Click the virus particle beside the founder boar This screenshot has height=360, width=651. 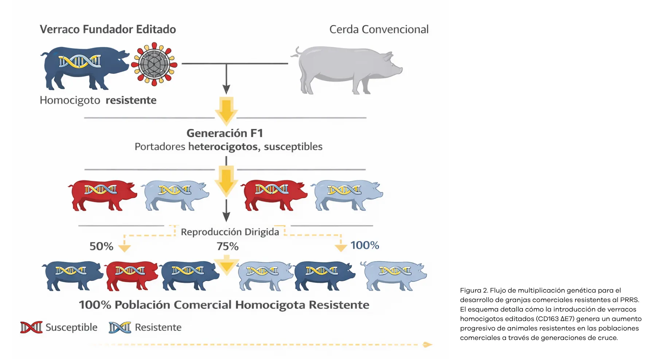click(154, 64)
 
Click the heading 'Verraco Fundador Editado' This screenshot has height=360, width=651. click(108, 29)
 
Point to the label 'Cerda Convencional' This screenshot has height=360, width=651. click(379, 29)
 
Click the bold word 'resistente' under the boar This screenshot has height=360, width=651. click(131, 100)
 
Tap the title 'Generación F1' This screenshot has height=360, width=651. click(225, 133)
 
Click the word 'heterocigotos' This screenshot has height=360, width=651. click(223, 146)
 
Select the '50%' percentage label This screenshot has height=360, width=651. click(101, 246)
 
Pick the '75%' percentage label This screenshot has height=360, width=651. click(228, 246)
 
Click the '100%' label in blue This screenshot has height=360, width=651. click(365, 245)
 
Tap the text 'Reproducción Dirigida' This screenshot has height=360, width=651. click(230, 232)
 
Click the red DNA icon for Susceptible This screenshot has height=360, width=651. click(31, 327)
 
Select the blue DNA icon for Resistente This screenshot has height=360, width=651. click(120, 327)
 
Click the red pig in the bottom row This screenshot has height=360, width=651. click(132, 275)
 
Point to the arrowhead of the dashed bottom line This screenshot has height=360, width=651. click(428, 344)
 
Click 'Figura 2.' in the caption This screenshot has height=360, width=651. click(474, 290)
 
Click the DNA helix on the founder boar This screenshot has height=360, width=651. click(80, 61)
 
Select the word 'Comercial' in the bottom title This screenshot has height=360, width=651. click(202, 305)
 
